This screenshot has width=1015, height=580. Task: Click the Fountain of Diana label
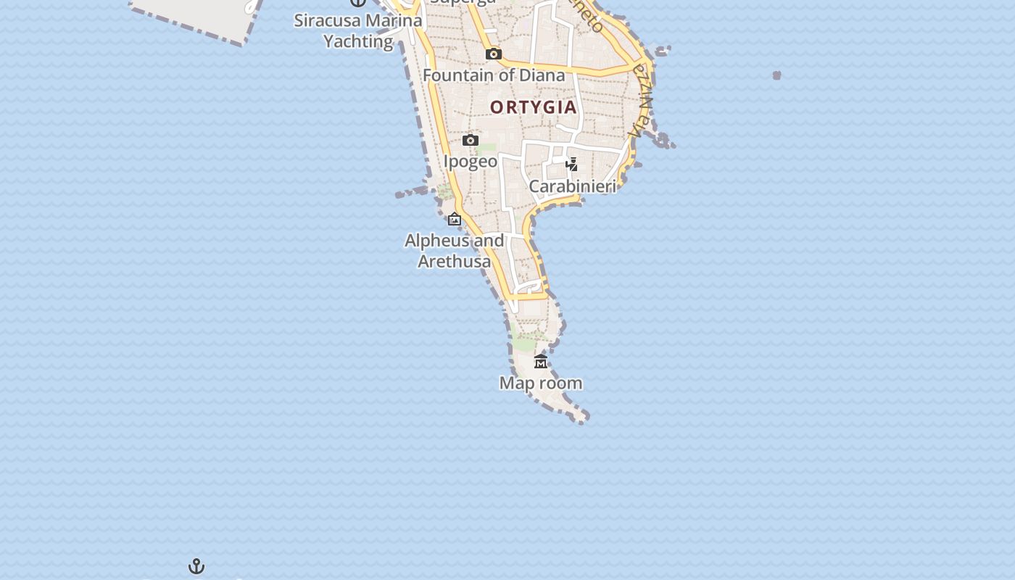click(493, 75)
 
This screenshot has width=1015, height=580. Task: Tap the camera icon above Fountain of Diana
click(494, 54)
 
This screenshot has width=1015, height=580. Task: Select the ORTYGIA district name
click(534, 107)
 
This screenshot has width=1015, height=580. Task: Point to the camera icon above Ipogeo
click(471, 140)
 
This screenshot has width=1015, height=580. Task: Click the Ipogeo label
click(471, 161)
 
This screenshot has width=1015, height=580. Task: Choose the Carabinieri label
click(572, 186)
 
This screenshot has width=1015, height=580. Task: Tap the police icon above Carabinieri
click(571, 165)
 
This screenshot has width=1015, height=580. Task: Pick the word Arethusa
click(455, 261)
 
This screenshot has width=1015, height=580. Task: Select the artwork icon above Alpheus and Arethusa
click(455, 219)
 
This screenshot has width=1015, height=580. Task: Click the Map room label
click(541, 383)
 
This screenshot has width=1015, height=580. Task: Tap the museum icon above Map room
click(541, 361)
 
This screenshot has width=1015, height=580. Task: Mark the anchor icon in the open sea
click(196, 566)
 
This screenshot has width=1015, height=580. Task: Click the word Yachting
click(358, 41)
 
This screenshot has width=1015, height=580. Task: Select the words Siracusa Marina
click(358, 20)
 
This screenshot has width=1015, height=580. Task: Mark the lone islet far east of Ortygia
click(776, 75)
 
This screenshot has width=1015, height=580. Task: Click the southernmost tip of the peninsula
click(581, 419)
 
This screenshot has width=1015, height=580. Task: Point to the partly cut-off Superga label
click(463, 2)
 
